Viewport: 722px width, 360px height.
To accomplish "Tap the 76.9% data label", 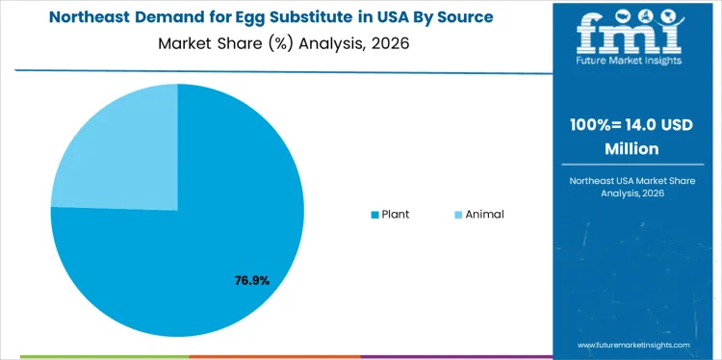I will tap(252, 281).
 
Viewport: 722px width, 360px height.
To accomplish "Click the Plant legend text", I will tap(395, 214).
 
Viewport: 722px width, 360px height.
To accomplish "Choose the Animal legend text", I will tap(484, 214).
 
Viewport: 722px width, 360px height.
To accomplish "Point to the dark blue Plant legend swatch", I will tap(375, 214).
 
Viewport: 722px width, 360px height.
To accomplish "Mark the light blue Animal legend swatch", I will tap(458, 214).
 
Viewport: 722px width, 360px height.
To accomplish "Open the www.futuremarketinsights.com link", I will tap(634, 344).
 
